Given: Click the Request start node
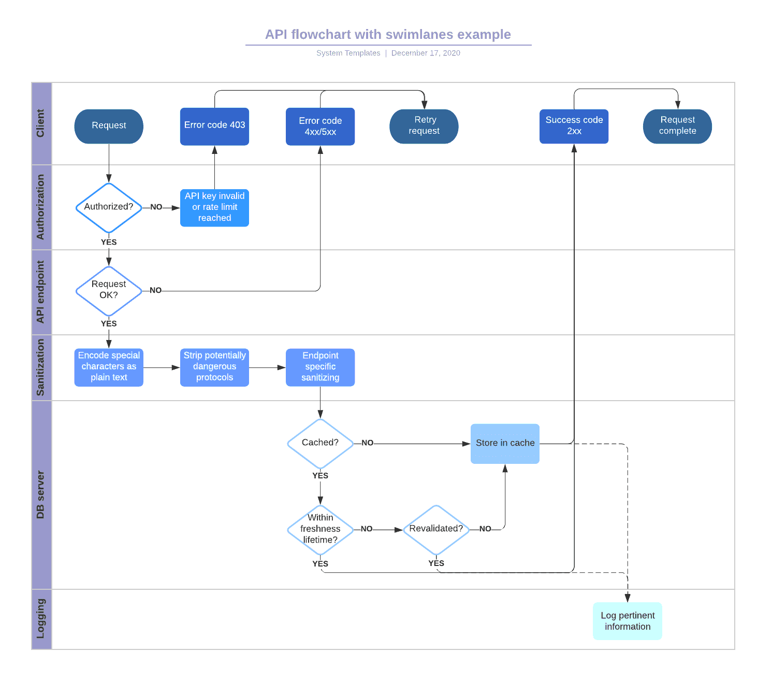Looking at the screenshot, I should click(x=109, y=126).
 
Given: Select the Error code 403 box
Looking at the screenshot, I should click(x=214, y=126).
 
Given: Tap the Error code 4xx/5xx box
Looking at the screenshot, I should click(x=320, y=126).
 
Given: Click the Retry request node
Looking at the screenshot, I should click(x=424, y=126).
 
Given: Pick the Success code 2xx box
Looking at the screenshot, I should click(x=574, y=126).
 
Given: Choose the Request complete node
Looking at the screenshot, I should click(x=677, y=126).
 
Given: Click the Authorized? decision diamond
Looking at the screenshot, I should click(x=109, y=207).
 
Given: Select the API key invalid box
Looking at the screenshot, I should click(x=214, y=207).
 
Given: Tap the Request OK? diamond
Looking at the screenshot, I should click(x=109, y=291).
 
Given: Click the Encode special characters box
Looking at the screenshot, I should click(x=109, y=367).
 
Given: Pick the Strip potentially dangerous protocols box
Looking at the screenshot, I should click(x=214, y=367).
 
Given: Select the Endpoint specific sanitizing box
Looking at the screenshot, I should click(x=320, y=367).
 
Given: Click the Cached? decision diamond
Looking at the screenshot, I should click(x=320, y=443).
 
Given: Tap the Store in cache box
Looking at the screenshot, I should click(x=505, y=444).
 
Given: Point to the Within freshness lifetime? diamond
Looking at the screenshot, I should click(x=320, y=529).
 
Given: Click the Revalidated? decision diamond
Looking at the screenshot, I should click(x=436, y=529).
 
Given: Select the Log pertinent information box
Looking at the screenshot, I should click(x=627, y=621).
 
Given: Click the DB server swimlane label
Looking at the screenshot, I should click(x=41, y=494).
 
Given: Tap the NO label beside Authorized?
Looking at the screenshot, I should click(x=156, y=207).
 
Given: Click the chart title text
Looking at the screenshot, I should click(x=388, y=35).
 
